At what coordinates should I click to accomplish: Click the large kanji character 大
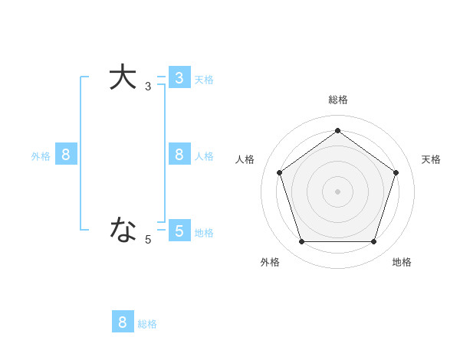click(x=123, y=77)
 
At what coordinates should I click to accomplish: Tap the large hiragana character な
click(x=123, y=228)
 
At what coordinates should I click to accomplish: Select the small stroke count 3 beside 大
click(x=148, y=87)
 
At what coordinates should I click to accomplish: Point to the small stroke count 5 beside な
click(x=148, y=240)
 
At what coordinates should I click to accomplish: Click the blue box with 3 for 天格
click(x=179, y=78)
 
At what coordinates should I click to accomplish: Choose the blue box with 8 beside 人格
click(x=179, y=155)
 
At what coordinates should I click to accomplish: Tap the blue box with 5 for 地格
click(x=179, y=231)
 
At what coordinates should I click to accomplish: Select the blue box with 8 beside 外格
click(x=66, y=155)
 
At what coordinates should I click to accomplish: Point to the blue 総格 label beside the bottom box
click(x=147, y=324)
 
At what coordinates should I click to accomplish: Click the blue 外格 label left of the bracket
click(x=41, y=156)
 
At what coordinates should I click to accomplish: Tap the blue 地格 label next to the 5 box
click(x=204, y=233)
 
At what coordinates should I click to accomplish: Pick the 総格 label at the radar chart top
click(x=338, y=100)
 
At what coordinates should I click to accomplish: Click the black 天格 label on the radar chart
click(x=431, y=159)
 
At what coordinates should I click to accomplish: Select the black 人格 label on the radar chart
click(x=245, y=159)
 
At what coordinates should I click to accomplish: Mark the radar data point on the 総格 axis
click(x=338, y=130)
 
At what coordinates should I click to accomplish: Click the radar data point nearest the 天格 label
click(x=396, y=172)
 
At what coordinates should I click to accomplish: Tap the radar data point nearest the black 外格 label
click(x=302, y=241)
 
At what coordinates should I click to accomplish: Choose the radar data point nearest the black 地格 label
click(x=373, y=241)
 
